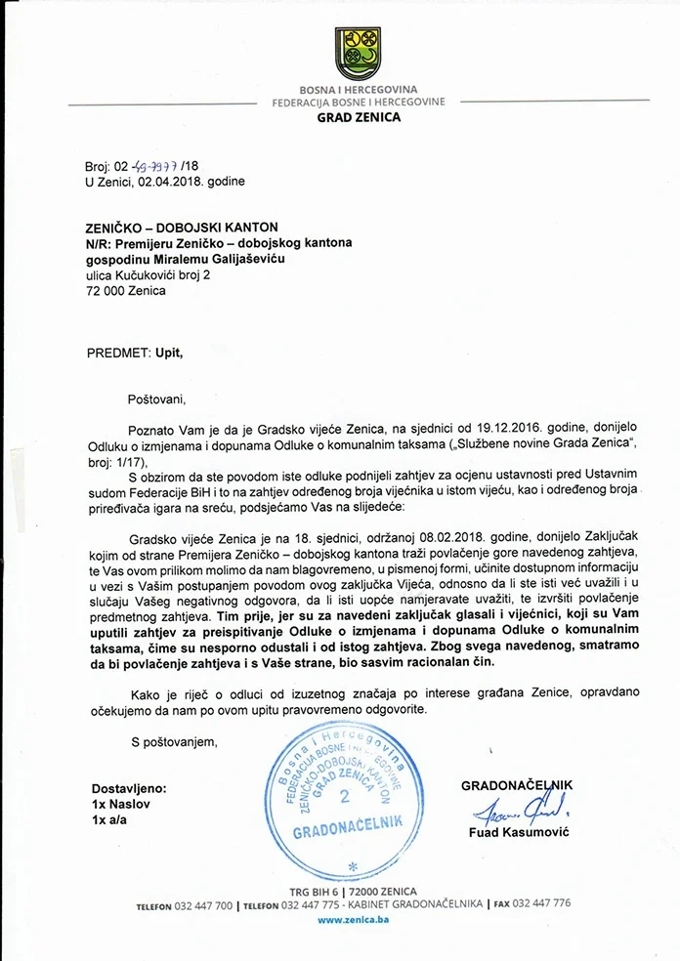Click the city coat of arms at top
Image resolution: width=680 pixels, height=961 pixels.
[358, 54]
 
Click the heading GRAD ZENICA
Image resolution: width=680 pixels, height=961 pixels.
[359, 117]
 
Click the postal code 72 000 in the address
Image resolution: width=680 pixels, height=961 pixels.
[101, 291]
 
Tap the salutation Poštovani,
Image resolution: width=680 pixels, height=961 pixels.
[156, 398]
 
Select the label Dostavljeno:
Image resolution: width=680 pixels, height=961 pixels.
[129, 787]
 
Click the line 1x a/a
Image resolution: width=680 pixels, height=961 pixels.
[109, 820]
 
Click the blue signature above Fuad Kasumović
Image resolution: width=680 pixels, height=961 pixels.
[512, 807]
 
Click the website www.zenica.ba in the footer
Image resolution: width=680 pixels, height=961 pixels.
[353, 919]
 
